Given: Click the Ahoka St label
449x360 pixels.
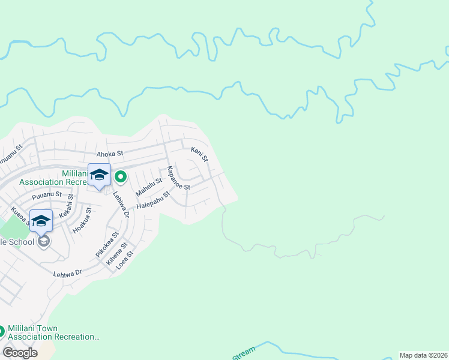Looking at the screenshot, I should click(107, 154).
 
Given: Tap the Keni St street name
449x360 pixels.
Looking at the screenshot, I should click(199, 155).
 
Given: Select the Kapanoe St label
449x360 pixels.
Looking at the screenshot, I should click(178, 178).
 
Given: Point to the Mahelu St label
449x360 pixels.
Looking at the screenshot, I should click(149, 187).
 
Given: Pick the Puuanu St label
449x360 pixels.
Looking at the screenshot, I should click(47, 194).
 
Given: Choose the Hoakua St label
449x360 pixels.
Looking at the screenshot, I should click(82, 221).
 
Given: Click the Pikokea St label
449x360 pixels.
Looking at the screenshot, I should click(107, 245).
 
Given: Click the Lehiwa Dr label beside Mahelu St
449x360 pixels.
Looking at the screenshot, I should click(121, 205).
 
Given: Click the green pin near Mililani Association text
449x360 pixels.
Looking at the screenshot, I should click(121, 176).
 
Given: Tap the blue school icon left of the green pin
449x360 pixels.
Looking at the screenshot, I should click(99, 175).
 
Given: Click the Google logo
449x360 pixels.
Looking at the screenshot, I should click(20, 353).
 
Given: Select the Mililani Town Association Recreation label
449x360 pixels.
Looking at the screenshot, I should click(54, 332).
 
